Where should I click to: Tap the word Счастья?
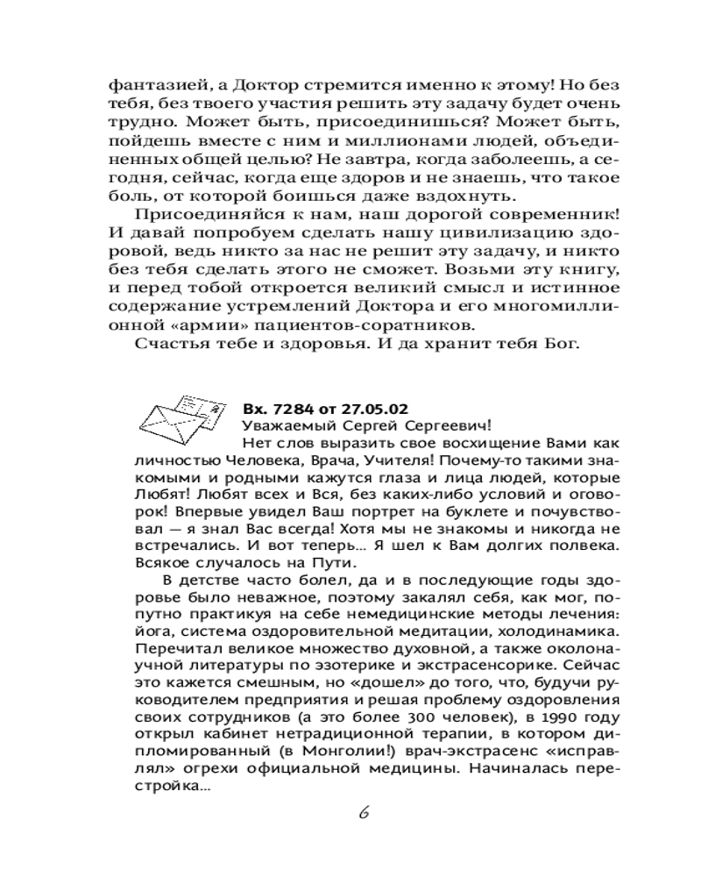173,342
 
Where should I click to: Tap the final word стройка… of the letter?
172,788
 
